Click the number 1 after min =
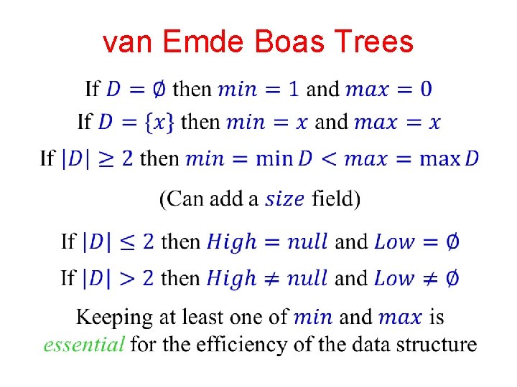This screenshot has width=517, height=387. [x=294, y=89]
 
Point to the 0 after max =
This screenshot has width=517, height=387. [x=426, y=89]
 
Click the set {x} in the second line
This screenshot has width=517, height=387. [x=159, y=122]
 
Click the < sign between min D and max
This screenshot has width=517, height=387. [x=329, y=158]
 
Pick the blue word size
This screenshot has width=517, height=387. [x=285, y=199]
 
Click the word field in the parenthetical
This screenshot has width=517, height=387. [x=335, y=198]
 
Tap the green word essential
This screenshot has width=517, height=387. [x=83, y=345]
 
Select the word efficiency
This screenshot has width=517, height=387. [x=272, y=345]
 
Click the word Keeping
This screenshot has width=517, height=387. [x=115, y=316]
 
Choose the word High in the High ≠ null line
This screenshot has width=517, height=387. [x=231, y=277]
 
